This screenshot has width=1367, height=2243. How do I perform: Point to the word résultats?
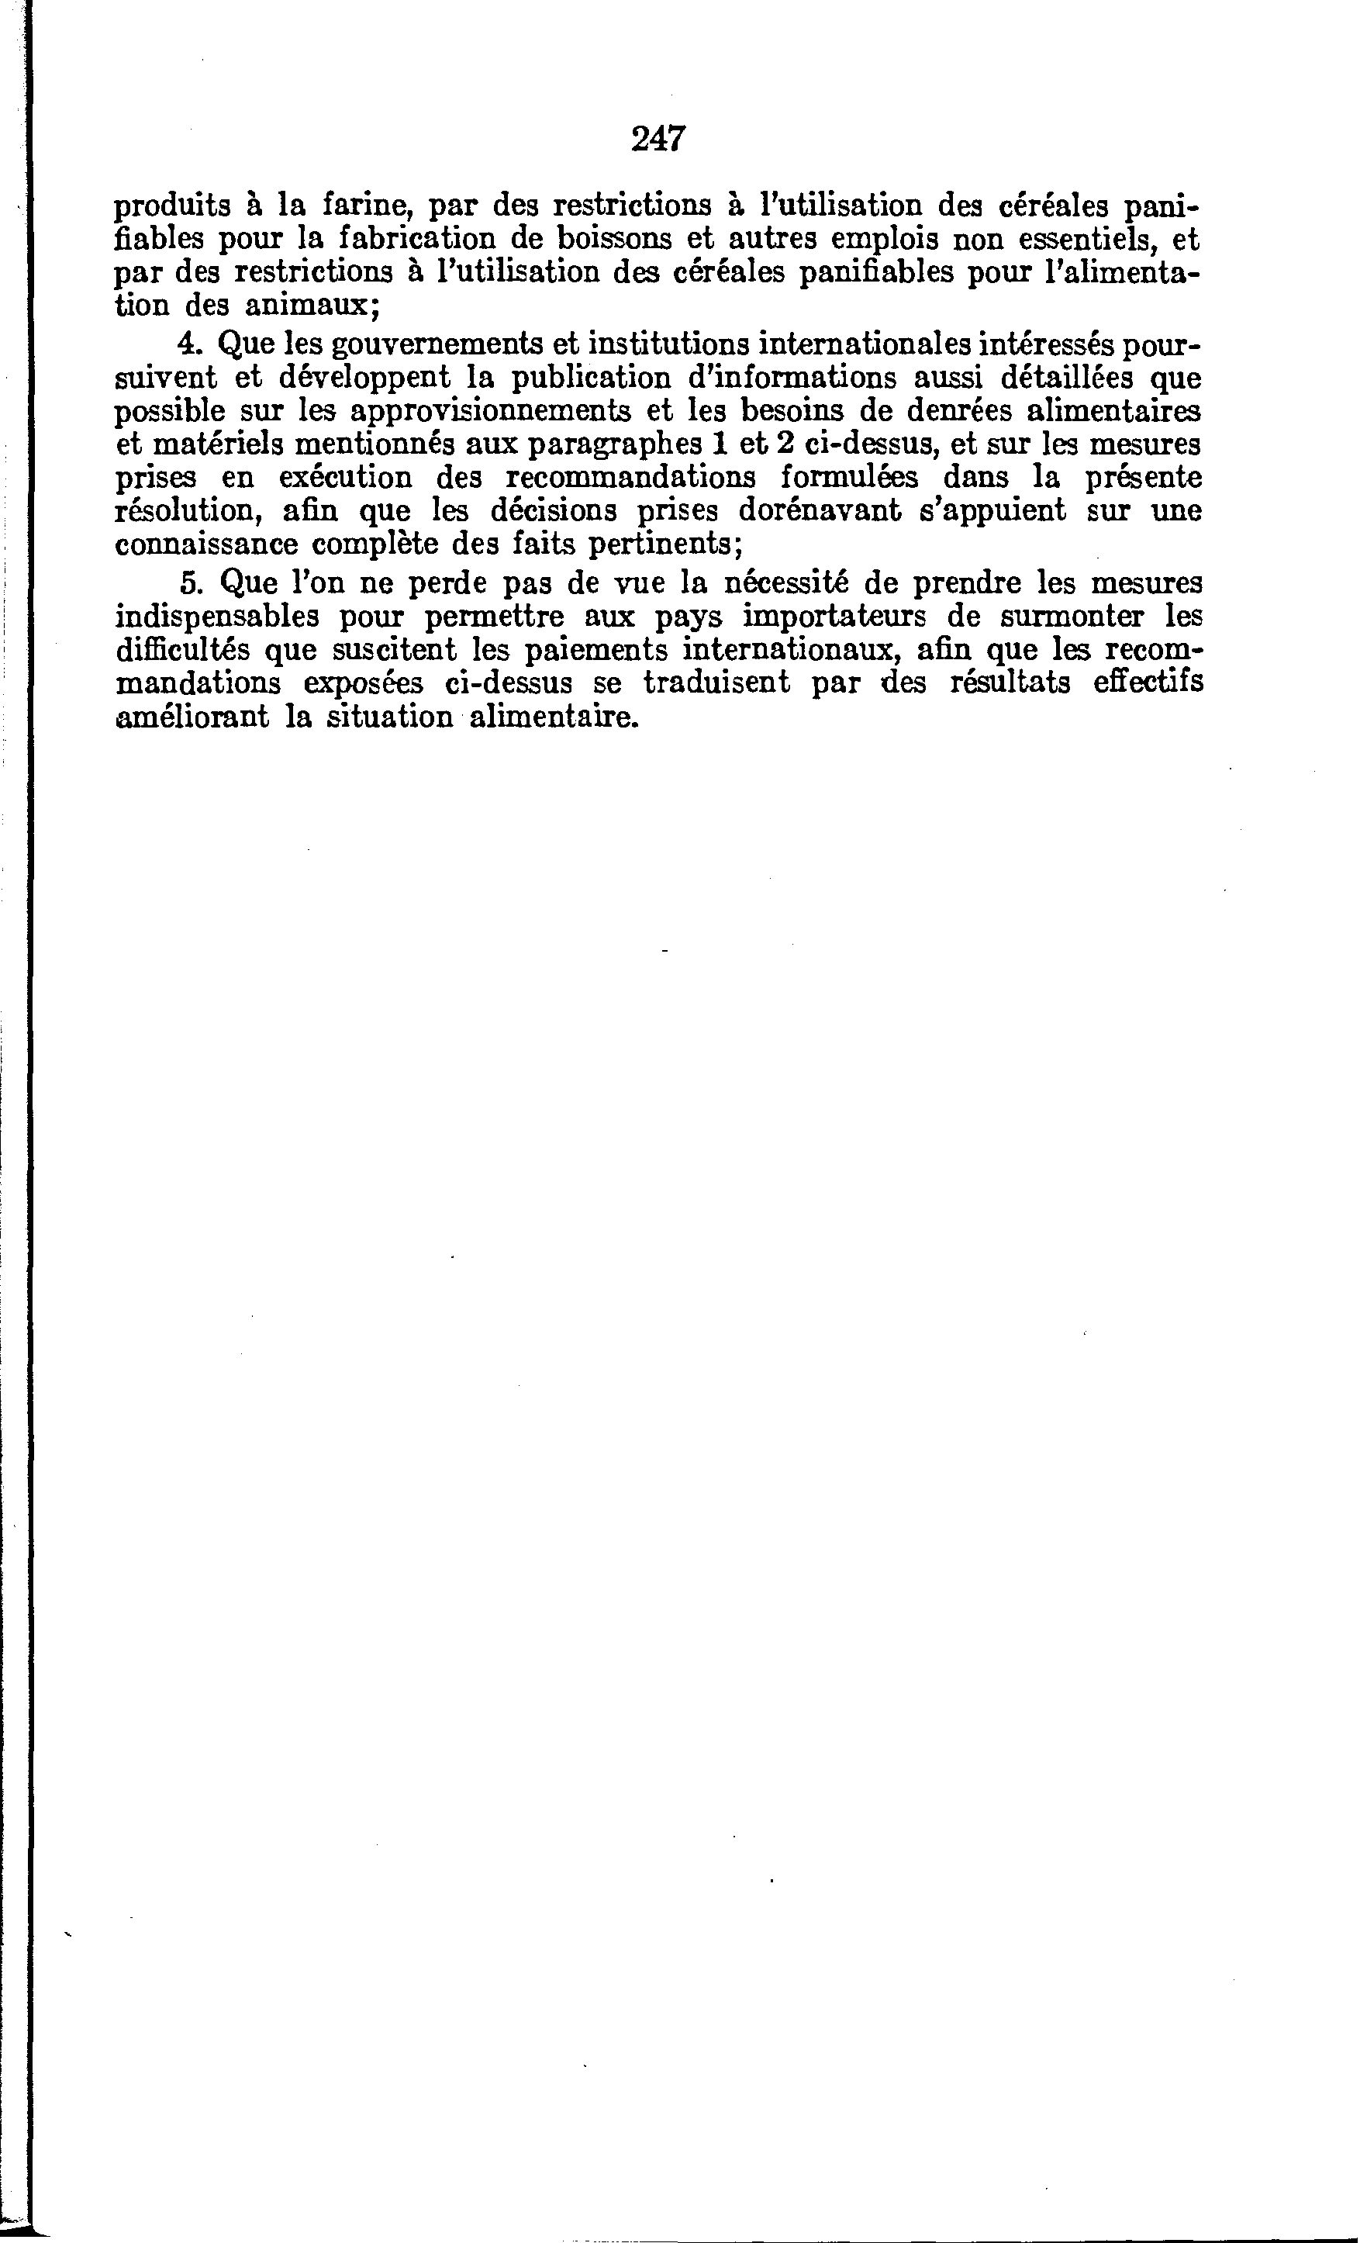pyautogui.click(x=1010, y=683)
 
